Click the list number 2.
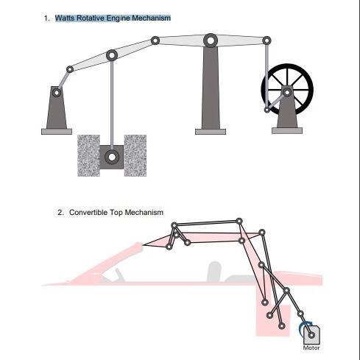point(60,213)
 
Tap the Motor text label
point(311,348)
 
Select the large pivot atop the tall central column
point(210,39)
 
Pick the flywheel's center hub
point(286,91)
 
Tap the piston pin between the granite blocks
point(111,156)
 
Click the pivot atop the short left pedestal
point(56,93)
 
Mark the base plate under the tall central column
point(210,132)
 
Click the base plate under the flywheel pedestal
point(286,130)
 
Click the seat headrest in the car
point(214,268)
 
